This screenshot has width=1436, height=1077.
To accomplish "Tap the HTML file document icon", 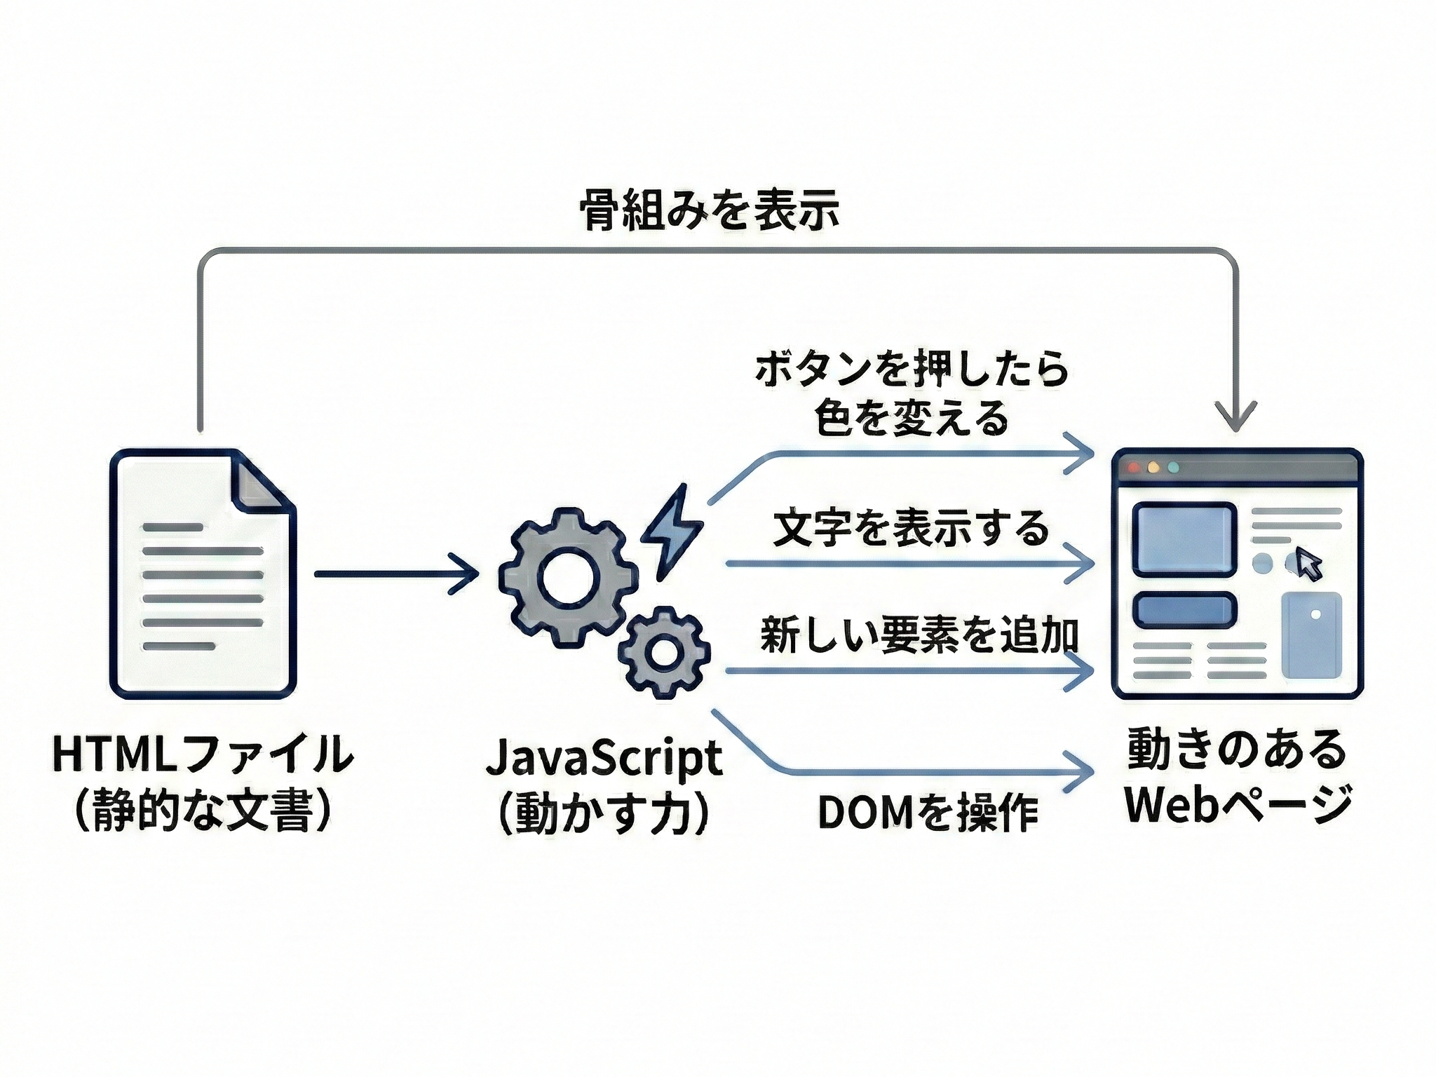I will tap(203, 574).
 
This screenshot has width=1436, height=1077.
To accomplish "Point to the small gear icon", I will tap(663, 652).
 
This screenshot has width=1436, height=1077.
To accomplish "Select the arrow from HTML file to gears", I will tap(396, 574).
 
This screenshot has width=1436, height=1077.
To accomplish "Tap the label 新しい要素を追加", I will tap(919, 635).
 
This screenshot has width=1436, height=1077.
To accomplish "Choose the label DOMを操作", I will tap(927, 813).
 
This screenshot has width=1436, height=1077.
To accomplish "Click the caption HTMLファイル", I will tap(203, 754).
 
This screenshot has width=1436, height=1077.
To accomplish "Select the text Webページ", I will tap(1238, 804).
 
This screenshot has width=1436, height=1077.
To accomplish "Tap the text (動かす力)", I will tap(604, 813).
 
